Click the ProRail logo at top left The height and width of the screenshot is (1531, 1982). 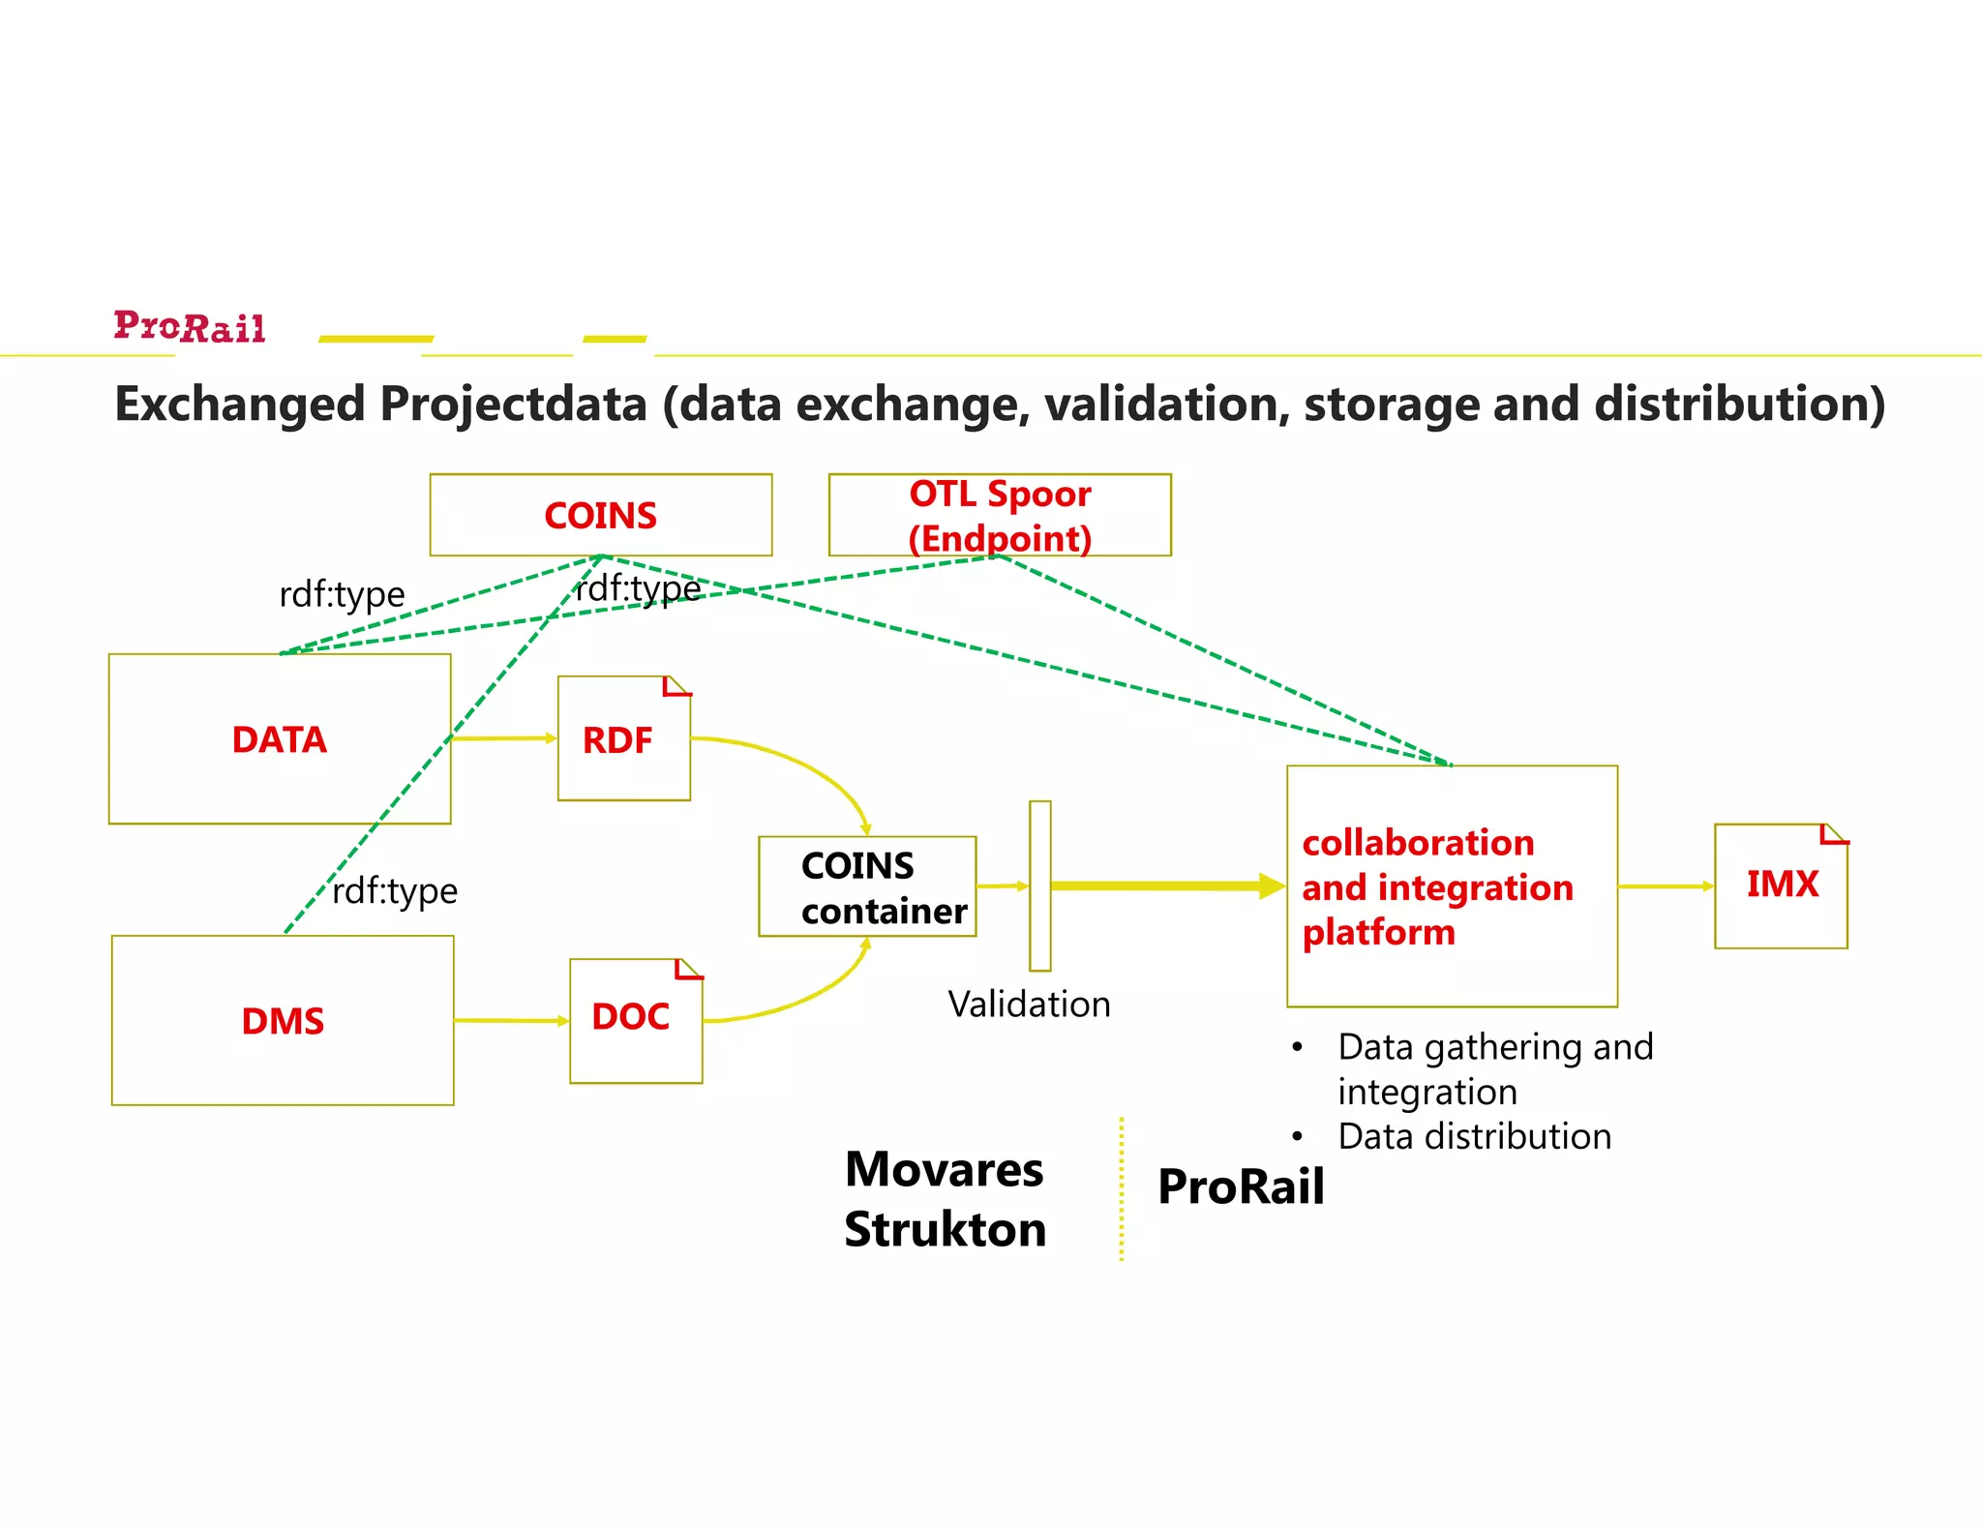point(190,327)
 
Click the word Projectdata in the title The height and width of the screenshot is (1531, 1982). point(513,405)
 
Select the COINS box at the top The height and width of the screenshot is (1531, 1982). point(600,515)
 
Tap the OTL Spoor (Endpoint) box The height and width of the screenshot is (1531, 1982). point(1000,515)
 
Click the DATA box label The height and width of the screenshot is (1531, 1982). point(279,740)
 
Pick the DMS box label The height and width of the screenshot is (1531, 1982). point(283,1021)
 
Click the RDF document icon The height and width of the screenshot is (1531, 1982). point(623,739)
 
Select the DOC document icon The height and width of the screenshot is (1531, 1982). point(635,1020)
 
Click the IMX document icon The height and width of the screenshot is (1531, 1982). point(1780,886)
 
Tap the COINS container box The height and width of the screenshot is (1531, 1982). point(867,886)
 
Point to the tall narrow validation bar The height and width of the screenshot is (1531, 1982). point(1039,885)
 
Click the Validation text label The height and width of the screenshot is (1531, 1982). point(1029,1005)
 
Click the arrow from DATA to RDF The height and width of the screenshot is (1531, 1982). point(503,738)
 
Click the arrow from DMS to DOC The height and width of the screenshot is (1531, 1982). point(511,1020)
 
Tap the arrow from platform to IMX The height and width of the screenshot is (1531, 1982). point(1665,886)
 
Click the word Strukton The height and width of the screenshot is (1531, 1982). point(945,1230)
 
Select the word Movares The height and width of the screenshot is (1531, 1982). point(944,1169)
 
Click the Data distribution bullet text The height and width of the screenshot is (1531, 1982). point(1474,1136)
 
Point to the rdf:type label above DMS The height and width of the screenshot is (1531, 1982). point(395,891)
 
